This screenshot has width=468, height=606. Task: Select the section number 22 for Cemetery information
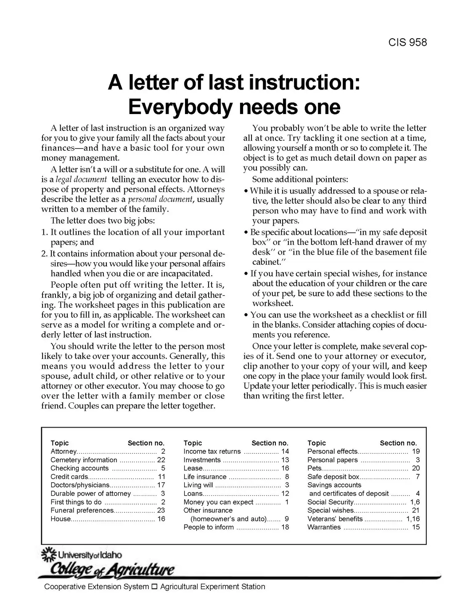click(161, 460)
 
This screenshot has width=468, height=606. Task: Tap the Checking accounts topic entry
click(79, 468)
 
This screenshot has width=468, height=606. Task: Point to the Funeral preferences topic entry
click(82, 510)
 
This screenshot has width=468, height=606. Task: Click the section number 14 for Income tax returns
click(285, 452)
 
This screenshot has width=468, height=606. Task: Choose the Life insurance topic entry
click(205, 477)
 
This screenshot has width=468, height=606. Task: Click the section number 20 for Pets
click(415, 468)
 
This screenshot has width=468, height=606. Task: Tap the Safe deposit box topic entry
click(333, 477)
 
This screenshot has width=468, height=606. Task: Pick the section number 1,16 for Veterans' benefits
click(412, 519)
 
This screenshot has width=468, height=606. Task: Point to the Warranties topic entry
click(324, 527)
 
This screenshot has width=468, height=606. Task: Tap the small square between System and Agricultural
click(154, 587)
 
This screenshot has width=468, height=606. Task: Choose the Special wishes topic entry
click(331, 510)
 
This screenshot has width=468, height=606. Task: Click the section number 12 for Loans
click(285, 494)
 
